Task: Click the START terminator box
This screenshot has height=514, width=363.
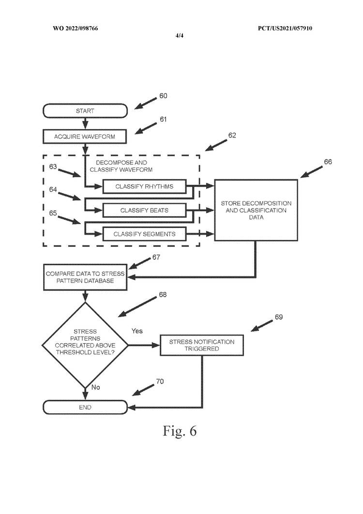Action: (85, 111)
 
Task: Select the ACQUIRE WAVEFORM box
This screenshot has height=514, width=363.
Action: (85, 137)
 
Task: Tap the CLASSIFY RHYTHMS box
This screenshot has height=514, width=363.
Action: (144, 186)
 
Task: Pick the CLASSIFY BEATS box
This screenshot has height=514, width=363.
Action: (144, 210)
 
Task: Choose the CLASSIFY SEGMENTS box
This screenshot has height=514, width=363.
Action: (144, 234)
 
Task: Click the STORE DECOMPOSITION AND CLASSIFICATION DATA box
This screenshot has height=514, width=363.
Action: (256, 210)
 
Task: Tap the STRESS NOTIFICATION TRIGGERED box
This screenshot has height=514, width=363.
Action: (201, 345)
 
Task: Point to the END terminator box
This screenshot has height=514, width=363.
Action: (85, 408)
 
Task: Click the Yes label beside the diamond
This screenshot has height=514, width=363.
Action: (137, 331)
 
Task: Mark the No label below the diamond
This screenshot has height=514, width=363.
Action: (96, 387)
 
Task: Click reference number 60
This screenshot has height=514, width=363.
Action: (163, 96)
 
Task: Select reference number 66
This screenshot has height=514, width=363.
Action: (328, 162)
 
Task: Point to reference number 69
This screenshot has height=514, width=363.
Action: (279, 317)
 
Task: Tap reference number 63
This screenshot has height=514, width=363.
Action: (53, 167)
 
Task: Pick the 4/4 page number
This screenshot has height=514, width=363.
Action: (180, 35)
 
